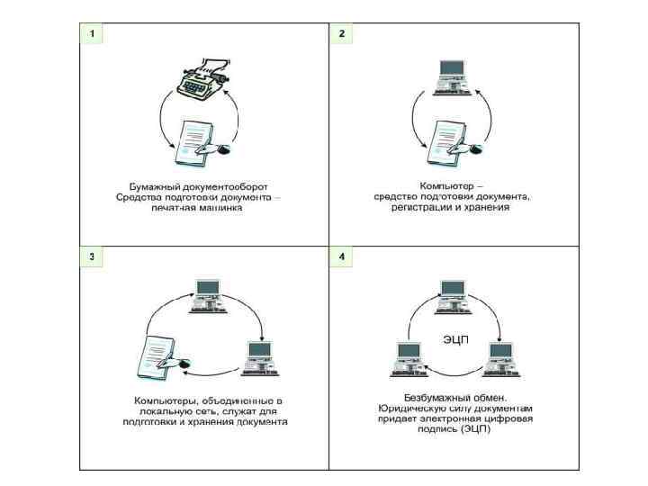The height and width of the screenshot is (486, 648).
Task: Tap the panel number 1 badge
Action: (x=91, y=33)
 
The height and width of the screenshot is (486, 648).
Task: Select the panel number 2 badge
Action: (x=341, y=33)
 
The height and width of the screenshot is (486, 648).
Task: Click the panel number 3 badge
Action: (x=91, y=256)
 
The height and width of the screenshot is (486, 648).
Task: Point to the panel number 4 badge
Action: (x=341, y=256)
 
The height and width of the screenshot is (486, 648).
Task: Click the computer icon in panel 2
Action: (x=452, y=77)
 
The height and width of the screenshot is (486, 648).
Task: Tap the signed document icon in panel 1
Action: (x=202, y=143)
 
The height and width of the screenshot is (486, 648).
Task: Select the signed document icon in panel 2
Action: (x=454, y=143)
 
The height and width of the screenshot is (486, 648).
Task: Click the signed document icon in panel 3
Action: (x=164, y=358)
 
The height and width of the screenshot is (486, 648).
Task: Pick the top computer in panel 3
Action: (x=209, y=296)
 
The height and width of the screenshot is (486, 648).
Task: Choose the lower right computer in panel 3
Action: (x=260, y=358)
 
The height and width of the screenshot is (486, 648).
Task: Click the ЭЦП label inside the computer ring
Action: (x=455, y=339)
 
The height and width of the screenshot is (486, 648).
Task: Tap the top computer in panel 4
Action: (x=454, y=297)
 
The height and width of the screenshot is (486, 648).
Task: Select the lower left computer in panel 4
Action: (x=409, y=359)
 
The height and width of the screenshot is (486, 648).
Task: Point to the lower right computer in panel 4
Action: (x=501, y=359)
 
